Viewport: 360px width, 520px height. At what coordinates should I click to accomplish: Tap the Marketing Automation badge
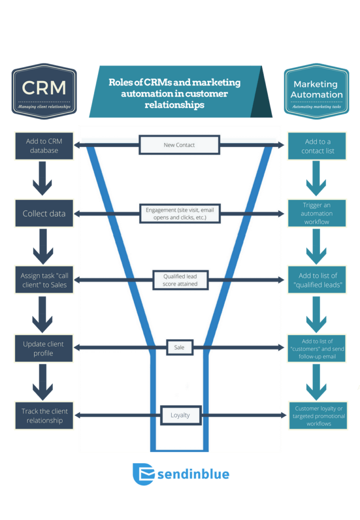pos(316,91)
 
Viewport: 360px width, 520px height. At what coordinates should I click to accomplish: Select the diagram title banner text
pos(175,93)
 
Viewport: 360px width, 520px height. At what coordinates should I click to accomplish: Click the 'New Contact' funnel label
pos(179,145)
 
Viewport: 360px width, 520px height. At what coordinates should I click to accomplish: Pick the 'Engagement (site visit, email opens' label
pos(179,214)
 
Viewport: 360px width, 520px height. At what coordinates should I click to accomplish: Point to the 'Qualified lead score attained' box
pos(180,280)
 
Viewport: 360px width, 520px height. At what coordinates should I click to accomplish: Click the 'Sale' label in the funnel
pos(179,348)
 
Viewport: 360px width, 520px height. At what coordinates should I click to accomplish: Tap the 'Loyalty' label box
pos(180,415)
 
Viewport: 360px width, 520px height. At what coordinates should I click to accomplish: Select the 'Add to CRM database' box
pos(44,146)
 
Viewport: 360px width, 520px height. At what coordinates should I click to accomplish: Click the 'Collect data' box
pos(44,213)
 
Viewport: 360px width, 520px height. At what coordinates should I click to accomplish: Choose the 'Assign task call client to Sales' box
pos(44,280)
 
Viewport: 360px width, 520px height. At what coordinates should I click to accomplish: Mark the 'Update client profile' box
pos(44,348)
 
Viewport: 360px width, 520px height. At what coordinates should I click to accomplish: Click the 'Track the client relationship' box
pos(44,415)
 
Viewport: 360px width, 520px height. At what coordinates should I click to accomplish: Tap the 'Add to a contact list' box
pos(316,146)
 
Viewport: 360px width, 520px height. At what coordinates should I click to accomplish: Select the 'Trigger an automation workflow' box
pos(316,213)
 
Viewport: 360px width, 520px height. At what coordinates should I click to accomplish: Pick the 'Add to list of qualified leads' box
pos(316,280)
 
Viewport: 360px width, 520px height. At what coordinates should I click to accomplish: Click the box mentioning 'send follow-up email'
pos(316,348)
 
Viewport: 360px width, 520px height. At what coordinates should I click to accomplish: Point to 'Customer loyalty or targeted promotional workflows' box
pos(318,416)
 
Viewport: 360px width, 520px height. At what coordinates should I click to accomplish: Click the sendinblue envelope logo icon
pos(143,474)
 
